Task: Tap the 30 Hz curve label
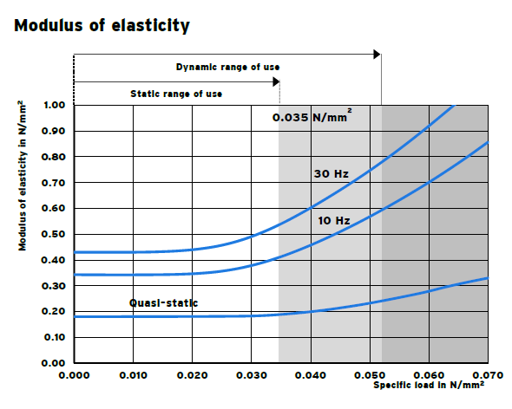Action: pos(331,174)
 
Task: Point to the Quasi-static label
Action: pos(164,302)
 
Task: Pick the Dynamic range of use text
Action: pos(227,67)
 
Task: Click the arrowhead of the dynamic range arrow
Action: pos(377,55)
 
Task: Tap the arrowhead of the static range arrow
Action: pos(276,81)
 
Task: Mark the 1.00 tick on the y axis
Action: pos(54,106)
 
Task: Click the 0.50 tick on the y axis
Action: pos(54,235)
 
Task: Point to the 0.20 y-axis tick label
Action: pos(54,312)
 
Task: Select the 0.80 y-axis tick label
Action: pos(54,157)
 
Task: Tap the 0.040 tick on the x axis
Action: pos(311,375)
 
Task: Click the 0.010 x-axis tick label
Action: pos(133,375)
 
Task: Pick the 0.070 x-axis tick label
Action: pos(488,375)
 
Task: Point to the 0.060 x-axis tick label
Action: pos(429,375)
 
